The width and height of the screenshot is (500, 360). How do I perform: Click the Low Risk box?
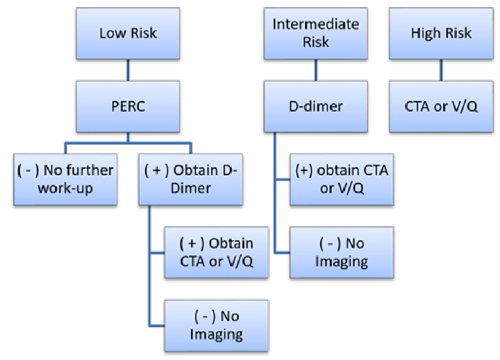pyautogui.click(x=128, y=34)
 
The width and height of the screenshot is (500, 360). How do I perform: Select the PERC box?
pyautogui.click(x=128, y=107)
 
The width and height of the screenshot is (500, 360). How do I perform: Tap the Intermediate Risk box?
pyautogui.click(x=316, y=34)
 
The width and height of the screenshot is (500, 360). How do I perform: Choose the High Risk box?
pyautogui.click(x=441, y=34)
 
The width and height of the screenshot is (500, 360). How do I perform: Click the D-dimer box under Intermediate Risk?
pyautogui.click(x=316, y=107)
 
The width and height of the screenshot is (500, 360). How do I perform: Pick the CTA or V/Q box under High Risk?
pyautogui.click(x=441, y=107)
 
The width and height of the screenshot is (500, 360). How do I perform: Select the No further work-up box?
pyautogui.click(x=65, y=180)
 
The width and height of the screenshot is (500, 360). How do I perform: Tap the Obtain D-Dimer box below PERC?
pyautogui.click(x=191, y=180)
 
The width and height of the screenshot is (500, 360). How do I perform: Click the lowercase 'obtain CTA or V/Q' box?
pyautogui.click(x=342, y=180)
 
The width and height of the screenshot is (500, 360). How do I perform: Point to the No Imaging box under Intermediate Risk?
pyautogui.click(x=342, y=253)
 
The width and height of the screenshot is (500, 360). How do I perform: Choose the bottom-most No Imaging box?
pyautogui.click(x=216, y=326)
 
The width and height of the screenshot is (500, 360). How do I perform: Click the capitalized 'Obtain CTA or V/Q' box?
pyautogui.click(x=216, y=253)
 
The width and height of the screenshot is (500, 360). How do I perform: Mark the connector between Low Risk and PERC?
pyautogui.click(x=128, y=70)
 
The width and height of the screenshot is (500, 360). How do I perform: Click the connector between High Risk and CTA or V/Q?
pyautogui.click(x=441, y=70)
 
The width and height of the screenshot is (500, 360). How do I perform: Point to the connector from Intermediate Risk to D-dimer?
pyautogui.click(x=316, y=70)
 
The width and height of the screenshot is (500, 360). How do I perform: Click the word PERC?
pyautogui.click(x=128, y=106)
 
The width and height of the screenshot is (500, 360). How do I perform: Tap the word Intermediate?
pyautogui.click(x=316, y=24)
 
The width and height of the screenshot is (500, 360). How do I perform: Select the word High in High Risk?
pyautogui.click(x=423, y=34)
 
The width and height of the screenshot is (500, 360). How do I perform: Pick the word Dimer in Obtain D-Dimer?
pyautogui.click(x=191, y=188)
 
